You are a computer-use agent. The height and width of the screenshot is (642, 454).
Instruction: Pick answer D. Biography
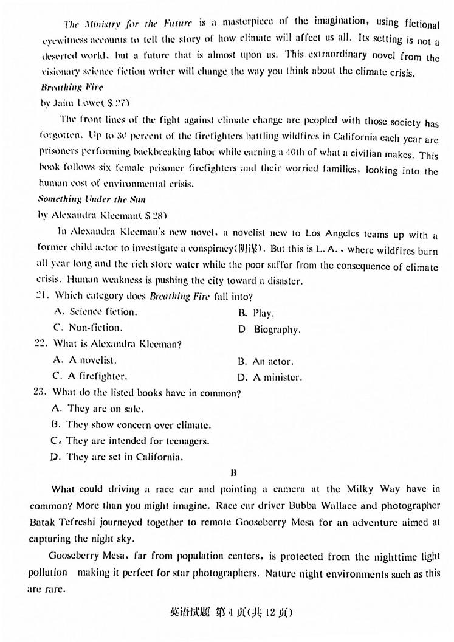click(x=269, y=330)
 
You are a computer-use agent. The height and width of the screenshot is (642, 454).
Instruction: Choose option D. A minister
click(x=269, y=377)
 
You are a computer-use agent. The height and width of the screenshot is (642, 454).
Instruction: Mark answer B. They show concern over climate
click(x=131, y=425)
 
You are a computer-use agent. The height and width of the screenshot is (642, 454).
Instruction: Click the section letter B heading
click(x=233, y=472)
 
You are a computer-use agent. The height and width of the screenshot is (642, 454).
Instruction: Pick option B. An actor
click(x=265, y=361)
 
